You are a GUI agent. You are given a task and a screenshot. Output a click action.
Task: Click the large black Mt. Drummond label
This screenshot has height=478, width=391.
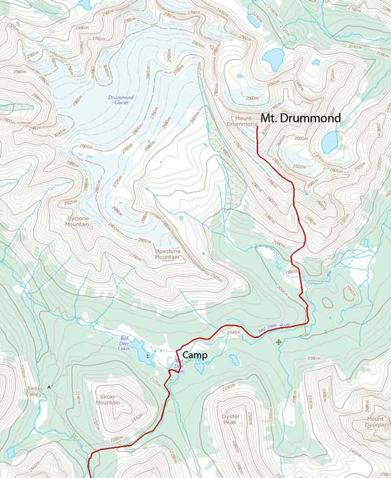coord(301,118)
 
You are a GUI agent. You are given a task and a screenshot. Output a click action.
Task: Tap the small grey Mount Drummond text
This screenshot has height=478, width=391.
coord(241,121)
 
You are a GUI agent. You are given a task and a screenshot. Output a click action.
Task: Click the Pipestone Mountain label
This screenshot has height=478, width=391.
coord(167,254)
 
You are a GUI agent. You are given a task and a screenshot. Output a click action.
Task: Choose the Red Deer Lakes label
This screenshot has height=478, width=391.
coord(124,342)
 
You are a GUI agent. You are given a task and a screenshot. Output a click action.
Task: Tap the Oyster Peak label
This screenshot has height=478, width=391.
coord(231,419)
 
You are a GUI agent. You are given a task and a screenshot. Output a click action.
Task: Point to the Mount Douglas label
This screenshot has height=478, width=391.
coord(374,422)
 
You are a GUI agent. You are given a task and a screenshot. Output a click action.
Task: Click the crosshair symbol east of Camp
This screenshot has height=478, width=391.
coord(279,342)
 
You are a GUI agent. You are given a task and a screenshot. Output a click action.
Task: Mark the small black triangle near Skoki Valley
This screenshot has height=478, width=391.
coord(50,386)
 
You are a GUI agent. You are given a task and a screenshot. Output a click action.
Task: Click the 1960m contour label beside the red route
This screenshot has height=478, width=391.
coord(292,271)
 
